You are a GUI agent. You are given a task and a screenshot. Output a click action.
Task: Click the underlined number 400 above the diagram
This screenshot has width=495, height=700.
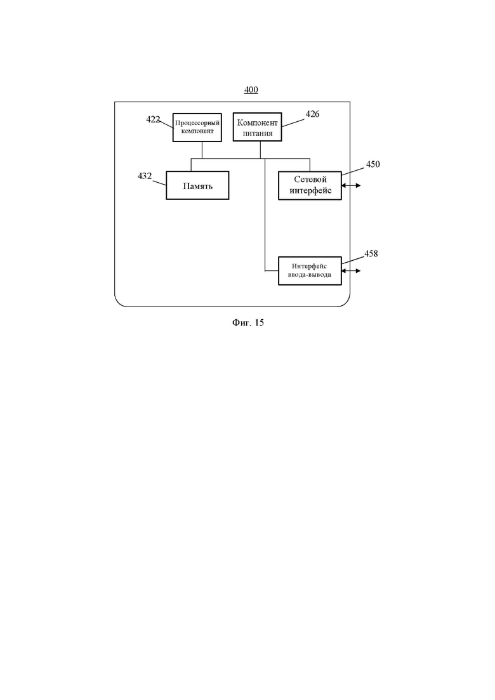coord(251,89)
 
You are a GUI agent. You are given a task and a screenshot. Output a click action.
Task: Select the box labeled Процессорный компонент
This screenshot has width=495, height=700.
coord(197,127)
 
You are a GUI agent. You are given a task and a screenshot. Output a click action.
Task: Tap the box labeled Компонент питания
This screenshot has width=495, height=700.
coord(258,127)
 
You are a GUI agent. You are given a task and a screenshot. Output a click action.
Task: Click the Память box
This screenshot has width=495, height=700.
coord(197,185)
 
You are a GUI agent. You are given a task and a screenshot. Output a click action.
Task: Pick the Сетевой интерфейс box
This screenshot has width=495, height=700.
coord(310,185)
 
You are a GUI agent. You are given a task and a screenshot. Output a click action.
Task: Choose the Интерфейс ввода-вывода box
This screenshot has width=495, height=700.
coord(310,270)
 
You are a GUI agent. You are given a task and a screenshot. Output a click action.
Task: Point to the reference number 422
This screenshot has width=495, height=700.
coord(153,119)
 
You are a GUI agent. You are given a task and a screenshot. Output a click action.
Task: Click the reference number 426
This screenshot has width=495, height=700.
coord(312,114)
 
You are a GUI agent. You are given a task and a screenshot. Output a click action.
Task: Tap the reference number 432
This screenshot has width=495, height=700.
coord(145,176)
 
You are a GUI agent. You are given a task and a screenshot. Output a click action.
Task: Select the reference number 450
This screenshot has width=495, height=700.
coord(373,164)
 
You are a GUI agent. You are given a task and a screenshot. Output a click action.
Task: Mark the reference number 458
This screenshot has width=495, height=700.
coord(371,254)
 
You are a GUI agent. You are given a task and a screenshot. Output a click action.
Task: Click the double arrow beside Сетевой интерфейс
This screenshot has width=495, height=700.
coord(351,185)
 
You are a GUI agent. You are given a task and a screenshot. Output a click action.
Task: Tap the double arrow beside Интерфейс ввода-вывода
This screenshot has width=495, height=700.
coord(351,270)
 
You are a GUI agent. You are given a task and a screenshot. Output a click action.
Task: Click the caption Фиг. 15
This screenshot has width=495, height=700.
coord(248,322)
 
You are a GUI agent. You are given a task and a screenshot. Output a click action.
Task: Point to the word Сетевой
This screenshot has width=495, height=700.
coord(310,180)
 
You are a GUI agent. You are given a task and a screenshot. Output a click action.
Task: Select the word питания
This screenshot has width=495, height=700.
coord(258,133)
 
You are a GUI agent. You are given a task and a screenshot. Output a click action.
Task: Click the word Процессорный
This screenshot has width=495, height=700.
coord(197,122)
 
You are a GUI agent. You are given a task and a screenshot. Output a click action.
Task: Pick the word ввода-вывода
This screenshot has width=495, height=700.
coord(309,275)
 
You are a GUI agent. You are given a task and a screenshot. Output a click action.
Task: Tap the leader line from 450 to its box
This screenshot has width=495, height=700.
coord(353,169)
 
